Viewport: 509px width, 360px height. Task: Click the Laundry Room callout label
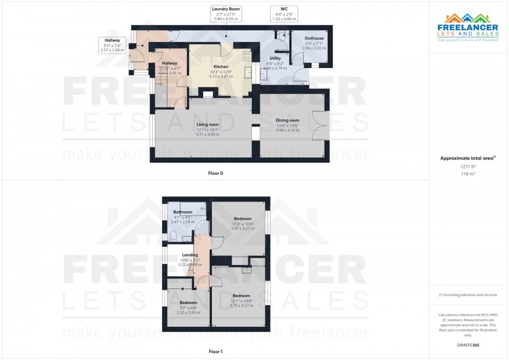tap(226, 14)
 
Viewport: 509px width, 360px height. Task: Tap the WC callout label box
tap(284, 14)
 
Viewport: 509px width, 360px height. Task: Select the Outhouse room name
tap(314, 38)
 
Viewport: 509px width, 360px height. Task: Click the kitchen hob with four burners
tap(247, 56)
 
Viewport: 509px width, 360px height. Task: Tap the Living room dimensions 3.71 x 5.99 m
tap(207, 135)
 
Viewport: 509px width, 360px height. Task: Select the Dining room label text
tap(288, 121)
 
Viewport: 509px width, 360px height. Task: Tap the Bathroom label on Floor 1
tap(183, 212)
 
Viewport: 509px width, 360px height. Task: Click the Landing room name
tap(190, 255)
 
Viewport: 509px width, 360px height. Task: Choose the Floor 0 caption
tap(216, 173)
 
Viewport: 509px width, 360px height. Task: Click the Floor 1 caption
tap(216, 352)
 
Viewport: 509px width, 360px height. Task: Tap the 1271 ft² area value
tap(468, 166)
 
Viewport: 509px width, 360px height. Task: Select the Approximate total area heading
tap(468, 158)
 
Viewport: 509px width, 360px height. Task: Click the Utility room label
tap(275, 58)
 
